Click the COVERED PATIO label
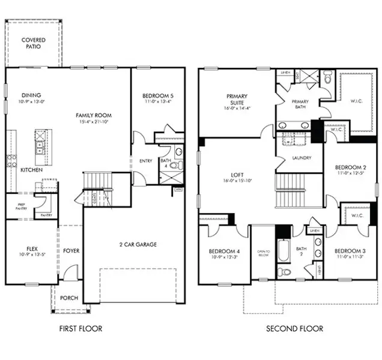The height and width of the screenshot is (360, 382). pos(32,43)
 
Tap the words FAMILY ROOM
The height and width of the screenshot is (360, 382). pos(93,115)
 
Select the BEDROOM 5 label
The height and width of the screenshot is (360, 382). pos(157,96)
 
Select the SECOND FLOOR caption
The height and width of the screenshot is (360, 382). pos(294,328)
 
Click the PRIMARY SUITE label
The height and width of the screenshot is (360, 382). pos(237,100)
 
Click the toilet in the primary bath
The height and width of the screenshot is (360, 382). pos(327,78)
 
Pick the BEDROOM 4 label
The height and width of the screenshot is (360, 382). pos(223,251)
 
